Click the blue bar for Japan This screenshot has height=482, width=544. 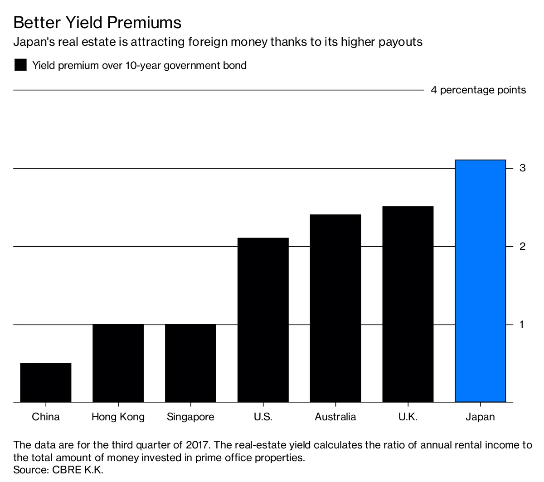pos(480,281)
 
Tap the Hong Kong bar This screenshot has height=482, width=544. pos(118,363)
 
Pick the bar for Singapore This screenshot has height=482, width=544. pos(190,363)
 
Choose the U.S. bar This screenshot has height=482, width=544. pos(263,320)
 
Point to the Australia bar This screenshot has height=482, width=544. pos(335,308)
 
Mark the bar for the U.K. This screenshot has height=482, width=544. pos(408,304)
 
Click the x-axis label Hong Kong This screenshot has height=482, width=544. pos(118,417)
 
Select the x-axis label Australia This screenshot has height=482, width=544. pos(335,417)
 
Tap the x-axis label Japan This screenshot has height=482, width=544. pos(480,417)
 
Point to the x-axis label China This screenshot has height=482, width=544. pos(46,417)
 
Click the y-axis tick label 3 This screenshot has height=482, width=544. pos(523,168)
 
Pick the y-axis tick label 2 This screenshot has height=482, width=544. pos(523,246)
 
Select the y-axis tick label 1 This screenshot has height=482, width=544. pos(522,324)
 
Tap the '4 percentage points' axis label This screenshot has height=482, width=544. pos(478,90)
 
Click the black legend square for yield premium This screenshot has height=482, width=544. pos(20,65)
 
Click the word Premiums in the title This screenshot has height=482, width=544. pos(146,22)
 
